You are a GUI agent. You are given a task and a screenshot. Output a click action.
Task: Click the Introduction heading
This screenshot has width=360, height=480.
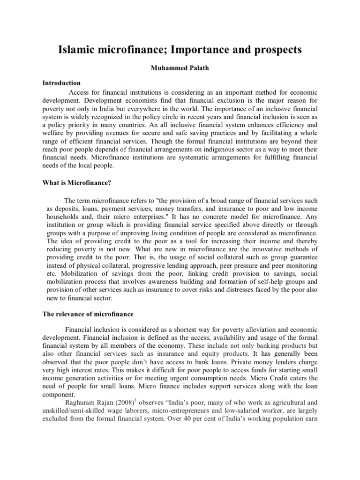coord(62,83)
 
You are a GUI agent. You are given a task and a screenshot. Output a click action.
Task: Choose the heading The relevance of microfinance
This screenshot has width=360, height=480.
coord(88,314)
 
